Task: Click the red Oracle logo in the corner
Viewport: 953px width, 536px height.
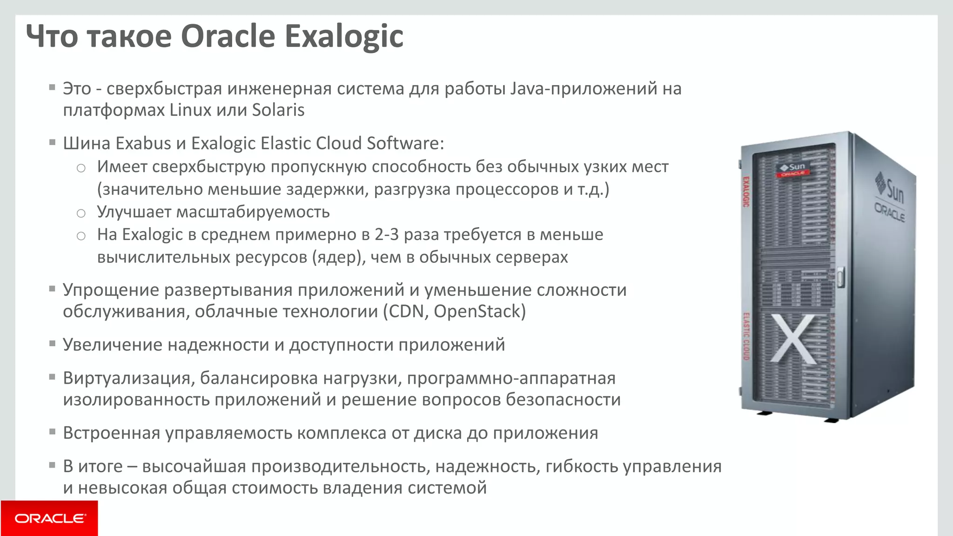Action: [x=49, y=518]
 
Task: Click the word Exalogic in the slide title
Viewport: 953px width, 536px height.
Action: [x=344, y=36]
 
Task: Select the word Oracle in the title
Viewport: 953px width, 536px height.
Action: [x=228, y=36]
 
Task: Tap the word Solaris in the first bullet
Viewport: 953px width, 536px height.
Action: [x=278, y=110]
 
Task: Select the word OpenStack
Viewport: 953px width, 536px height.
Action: [x=479, y=311]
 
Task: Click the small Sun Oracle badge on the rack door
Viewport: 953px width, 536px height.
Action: [x=793, y=169]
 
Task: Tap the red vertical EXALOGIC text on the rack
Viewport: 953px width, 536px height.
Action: [x=745, y=191]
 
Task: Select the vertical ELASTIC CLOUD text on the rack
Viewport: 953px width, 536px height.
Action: [x=746, y=336]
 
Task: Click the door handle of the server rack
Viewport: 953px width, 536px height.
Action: [x=840, y=276]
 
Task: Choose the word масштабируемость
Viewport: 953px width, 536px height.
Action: [x=253, y=212]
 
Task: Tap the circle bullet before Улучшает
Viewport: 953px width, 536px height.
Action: [x=81, y=214]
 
